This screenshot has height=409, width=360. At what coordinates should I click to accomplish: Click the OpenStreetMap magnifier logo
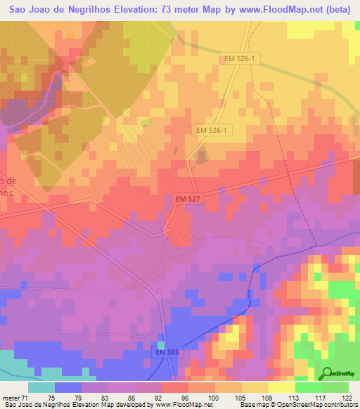(326, 372)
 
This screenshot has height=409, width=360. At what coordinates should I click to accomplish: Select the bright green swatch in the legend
(309, 387)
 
